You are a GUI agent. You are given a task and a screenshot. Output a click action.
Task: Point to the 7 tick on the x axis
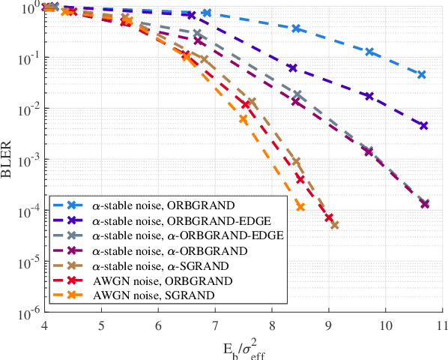[x=215, y=326]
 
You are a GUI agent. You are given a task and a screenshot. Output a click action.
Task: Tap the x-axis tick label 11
[x=442, y=326]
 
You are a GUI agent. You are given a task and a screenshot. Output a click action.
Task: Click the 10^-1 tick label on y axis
[x=22, y=58]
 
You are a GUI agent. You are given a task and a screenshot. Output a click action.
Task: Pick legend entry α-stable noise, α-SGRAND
[x=173, y=265]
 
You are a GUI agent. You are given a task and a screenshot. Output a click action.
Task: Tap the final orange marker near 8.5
[x=300, y=206]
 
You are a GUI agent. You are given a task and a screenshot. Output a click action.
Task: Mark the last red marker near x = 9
[x=329, y=217]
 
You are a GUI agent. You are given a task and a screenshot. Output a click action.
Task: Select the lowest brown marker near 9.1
[x=335, y=225]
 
